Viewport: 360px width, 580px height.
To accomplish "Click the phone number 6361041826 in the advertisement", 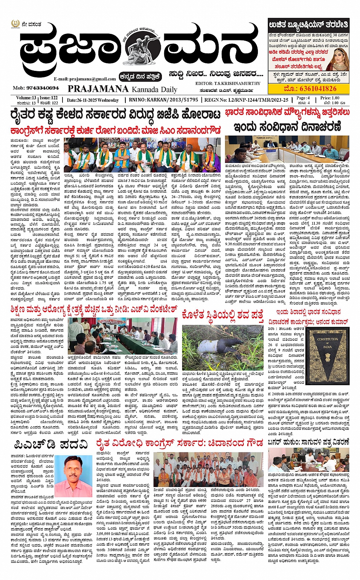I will (310, 89).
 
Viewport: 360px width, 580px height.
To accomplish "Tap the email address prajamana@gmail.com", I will (85, 79).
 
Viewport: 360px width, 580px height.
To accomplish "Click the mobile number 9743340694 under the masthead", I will (36, 88).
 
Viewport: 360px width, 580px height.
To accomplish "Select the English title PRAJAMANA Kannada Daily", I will (122, 89).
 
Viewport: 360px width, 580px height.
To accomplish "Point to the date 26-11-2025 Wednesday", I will (93, 100).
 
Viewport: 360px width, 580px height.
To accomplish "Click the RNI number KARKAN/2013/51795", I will (163, 100).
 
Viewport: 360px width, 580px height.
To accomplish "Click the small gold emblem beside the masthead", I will (15, 24).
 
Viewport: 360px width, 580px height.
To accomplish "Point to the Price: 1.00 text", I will (330, 98).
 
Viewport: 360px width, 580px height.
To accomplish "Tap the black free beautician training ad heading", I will (308, 25).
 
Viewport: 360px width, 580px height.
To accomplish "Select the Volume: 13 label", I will (26, 98).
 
